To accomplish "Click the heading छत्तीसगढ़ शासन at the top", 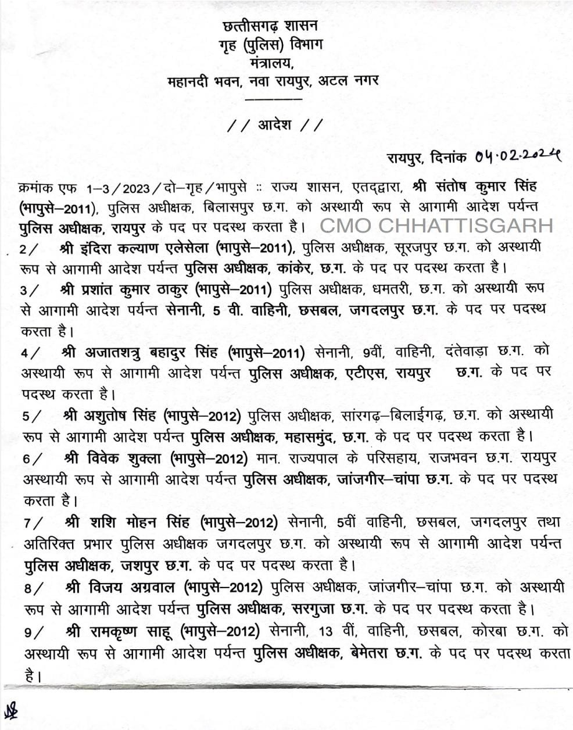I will click(270, 26).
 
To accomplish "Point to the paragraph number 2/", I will click(31, 249).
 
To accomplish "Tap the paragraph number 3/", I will click(31, 288).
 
